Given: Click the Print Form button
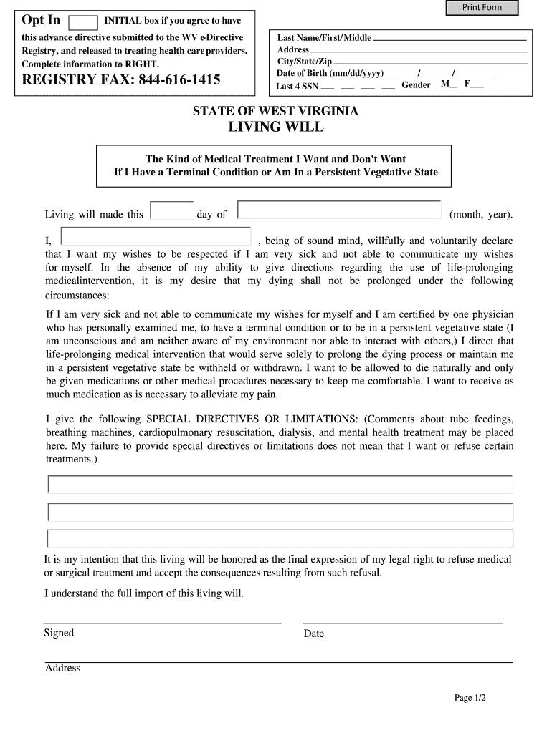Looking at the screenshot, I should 482,8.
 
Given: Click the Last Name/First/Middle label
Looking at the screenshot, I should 324,38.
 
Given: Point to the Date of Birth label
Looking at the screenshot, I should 330,73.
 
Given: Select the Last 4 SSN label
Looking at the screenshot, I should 297,87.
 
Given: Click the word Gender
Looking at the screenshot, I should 416,85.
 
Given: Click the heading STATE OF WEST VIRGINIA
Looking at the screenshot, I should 275,112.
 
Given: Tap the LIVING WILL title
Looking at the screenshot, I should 275,127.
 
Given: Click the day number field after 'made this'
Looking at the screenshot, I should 172,210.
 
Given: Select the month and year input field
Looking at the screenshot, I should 339,210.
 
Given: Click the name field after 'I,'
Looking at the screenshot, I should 156,237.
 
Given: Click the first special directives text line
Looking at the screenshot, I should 280,485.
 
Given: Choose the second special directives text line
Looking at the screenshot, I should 280,512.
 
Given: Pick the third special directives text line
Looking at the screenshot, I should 280,538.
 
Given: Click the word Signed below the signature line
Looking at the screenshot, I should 59,633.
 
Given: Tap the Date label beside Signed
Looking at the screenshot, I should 313,634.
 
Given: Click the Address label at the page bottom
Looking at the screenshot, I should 63,669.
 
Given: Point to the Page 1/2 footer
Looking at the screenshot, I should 470,698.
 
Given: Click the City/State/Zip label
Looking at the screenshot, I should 305,62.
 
